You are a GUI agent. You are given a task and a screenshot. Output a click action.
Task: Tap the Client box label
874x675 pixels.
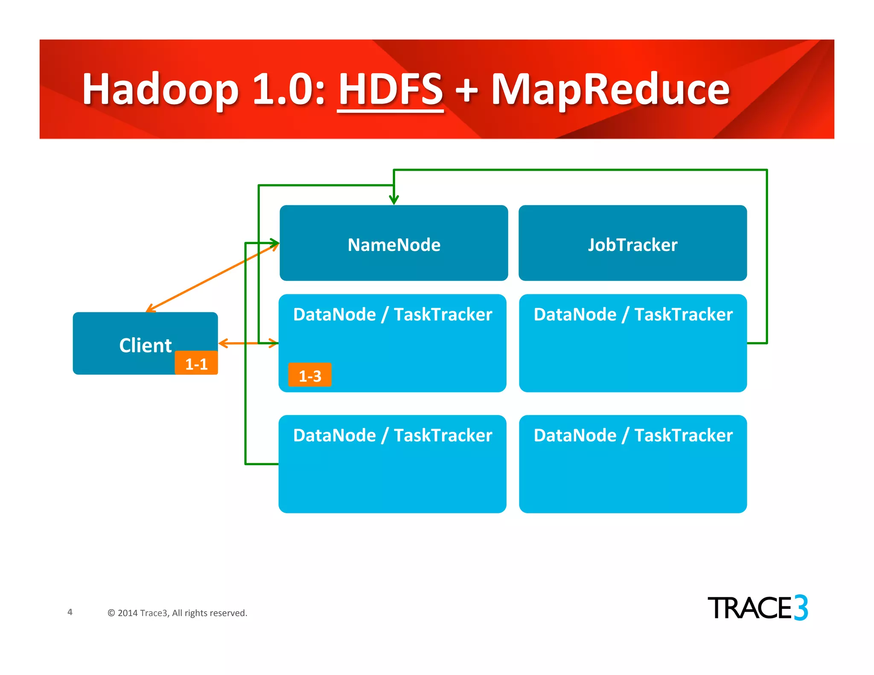[x=145, y=345]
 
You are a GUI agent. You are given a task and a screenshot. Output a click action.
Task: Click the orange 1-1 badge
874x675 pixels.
[x=196, y=364]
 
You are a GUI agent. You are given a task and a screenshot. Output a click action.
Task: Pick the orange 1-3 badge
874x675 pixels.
[x=310, y=375]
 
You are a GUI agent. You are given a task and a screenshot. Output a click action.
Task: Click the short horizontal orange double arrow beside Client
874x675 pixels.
[x=248, y=343]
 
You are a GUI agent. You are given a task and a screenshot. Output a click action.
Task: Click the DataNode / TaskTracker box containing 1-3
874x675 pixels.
[x=393, y=350]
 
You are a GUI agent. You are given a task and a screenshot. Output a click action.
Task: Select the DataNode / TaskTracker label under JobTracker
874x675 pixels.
[x=633, y=314]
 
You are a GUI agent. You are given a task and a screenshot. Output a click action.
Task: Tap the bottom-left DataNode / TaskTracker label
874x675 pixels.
[x=393, y=435]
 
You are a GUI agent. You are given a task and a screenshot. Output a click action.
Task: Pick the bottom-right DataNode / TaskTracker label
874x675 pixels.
[x=633, y=435]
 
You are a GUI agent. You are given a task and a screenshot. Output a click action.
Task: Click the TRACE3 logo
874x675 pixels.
[x=757, y=608]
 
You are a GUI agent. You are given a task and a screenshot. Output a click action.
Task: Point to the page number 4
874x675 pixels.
[x=70, y=612]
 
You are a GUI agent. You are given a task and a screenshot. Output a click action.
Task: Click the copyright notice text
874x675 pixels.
[x=178, y=613]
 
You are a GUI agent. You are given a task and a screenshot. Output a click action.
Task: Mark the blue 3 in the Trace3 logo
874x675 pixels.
[x=801, y=608]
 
